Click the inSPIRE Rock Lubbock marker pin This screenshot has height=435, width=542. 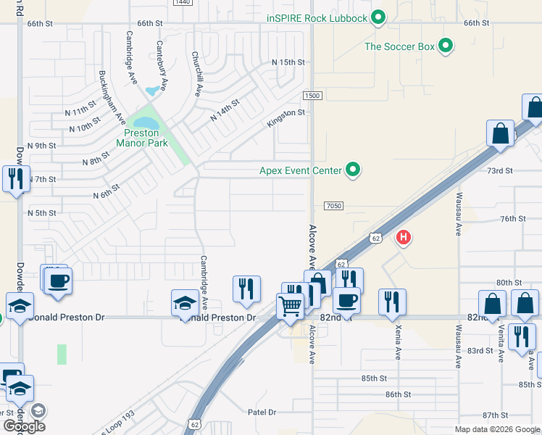pos(378,17)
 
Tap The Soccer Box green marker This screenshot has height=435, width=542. pos(446,46)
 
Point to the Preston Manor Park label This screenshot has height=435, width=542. pos(142,138)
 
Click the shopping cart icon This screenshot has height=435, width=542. pos(291,306)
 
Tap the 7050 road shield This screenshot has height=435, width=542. pos(334,207)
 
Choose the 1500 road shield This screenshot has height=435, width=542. pos(312,96)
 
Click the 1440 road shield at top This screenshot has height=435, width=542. pos(183,3)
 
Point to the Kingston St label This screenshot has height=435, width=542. pos(286,118)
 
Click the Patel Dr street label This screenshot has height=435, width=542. pos(262,412)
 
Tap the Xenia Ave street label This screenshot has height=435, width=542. pos(398,343)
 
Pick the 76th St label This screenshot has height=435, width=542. pos(512,218)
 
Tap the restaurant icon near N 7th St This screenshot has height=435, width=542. pos(16,178)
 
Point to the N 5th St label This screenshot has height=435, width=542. pos(41,213)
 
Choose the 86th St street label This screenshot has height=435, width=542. pos(399,394)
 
